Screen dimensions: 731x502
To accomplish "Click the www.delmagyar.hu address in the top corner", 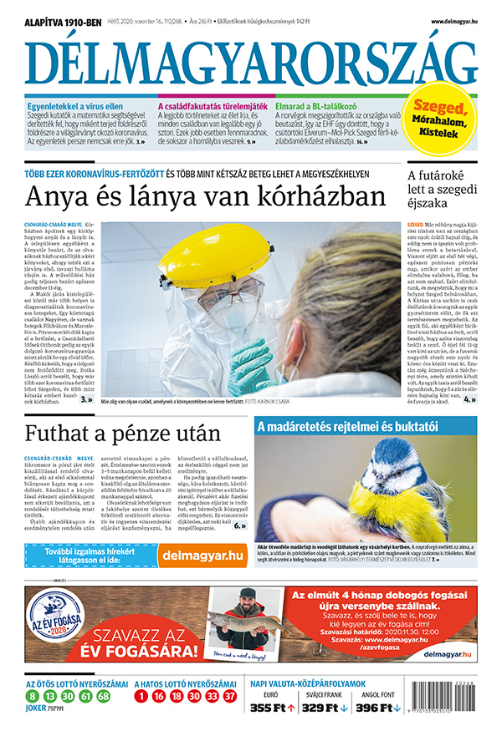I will [x=454, y=21].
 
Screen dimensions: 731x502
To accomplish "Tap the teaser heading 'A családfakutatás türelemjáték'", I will [x=213, y=106].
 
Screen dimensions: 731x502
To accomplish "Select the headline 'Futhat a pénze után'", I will [x=123, y=434].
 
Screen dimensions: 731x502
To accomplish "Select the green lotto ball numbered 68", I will [x=104, y=695].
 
